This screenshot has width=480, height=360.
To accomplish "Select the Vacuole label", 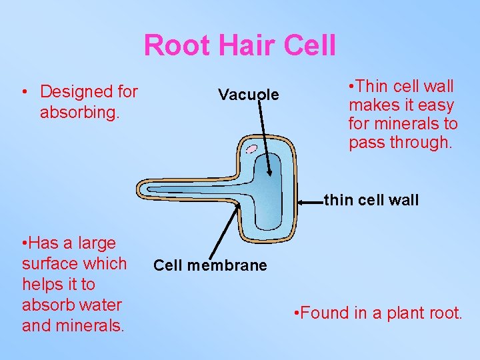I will [x=248, y=95].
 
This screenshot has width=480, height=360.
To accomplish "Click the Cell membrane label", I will [x=210, y=265].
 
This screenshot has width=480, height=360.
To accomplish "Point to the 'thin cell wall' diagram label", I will [x=371, y=199].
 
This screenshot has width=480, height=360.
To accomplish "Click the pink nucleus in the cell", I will [x=251, y=149].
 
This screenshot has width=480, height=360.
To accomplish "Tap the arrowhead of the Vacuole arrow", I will [x=269, y=173].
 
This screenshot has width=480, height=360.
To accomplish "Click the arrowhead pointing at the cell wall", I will [x=299, y=199].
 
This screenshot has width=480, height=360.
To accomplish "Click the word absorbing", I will [x=79, y=113].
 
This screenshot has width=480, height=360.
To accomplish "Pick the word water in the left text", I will [x=101, y=305].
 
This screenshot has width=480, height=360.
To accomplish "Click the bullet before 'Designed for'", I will [x=25, y=92].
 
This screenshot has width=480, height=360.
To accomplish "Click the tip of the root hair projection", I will [x=139, y=189].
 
